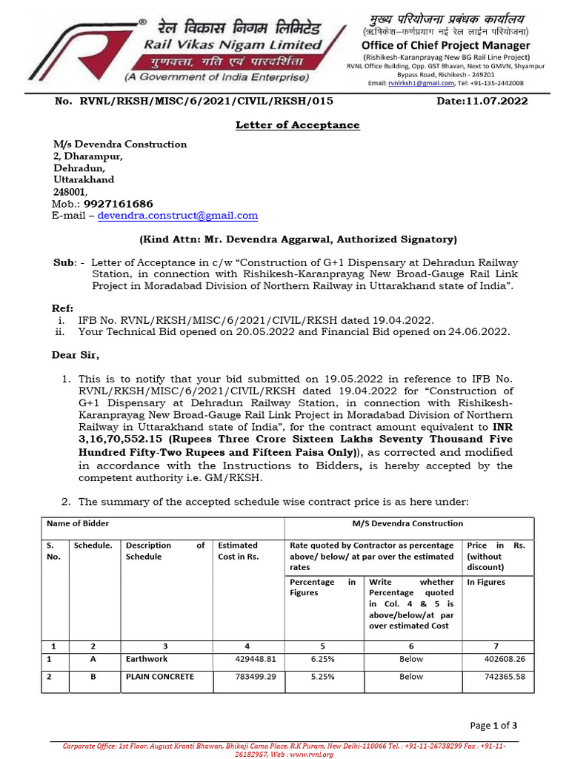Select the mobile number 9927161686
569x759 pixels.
[x=119, y=204]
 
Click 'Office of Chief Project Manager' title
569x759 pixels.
[x=445, y=45]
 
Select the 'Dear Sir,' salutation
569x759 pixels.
[x=75, y=355]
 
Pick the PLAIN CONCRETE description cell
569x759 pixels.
[x=159, y=677]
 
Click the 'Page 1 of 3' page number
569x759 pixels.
[x=493, y=725]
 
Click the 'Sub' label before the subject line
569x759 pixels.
[x=62, y=263]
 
